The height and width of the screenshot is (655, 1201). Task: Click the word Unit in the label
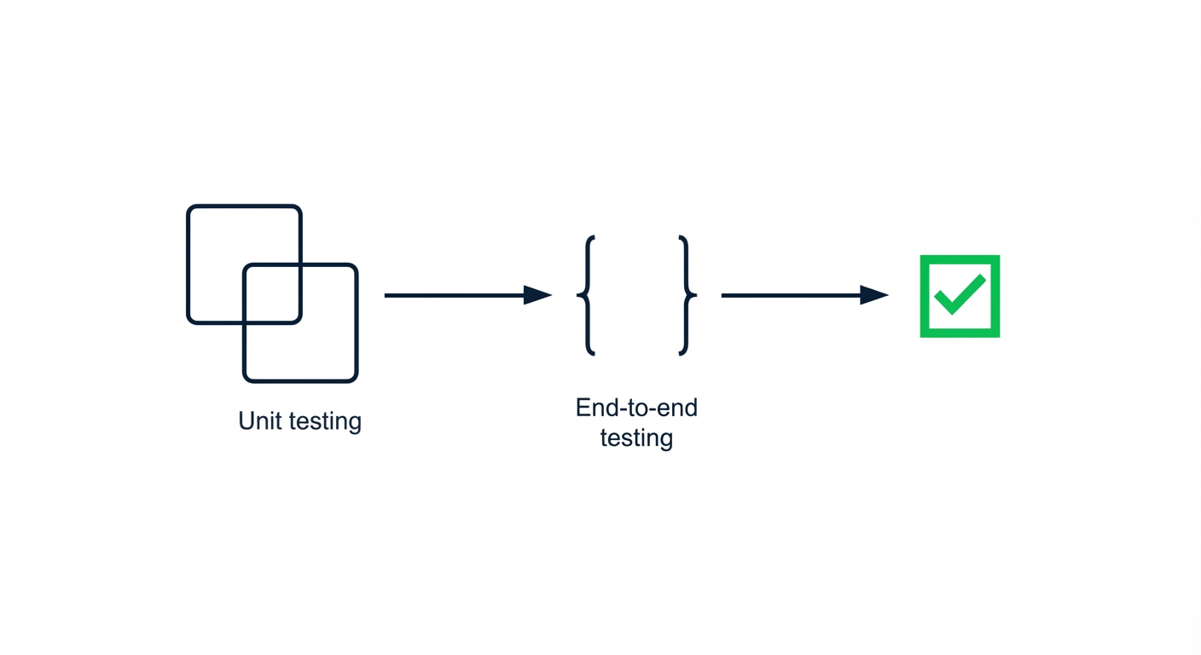tap(259, 420)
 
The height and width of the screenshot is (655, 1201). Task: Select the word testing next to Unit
tap(325, 422)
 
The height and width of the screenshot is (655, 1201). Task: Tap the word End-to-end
tap(636, 408)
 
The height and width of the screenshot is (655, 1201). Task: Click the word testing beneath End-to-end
tap(636, 438)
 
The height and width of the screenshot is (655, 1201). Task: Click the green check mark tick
tap(960, 294)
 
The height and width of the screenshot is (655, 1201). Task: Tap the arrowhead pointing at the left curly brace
tap(537, 295)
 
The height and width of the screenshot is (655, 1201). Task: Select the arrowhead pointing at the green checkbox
tap(873, 295)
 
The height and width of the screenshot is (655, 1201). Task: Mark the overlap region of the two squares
tap(272, 294)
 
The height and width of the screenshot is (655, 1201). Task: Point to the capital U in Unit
tap(247, 420)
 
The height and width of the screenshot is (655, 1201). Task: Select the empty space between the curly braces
tap(636, 295)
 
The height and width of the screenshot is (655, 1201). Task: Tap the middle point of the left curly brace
tap(580, 295)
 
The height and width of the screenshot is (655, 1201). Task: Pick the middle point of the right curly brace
tap(693, 295)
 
